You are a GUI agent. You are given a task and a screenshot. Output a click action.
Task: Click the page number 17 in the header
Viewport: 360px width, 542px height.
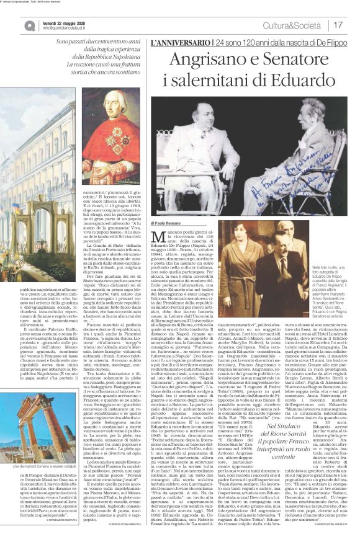click(338, 25)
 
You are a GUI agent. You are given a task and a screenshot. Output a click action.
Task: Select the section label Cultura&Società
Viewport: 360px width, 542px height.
click(299, 25)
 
